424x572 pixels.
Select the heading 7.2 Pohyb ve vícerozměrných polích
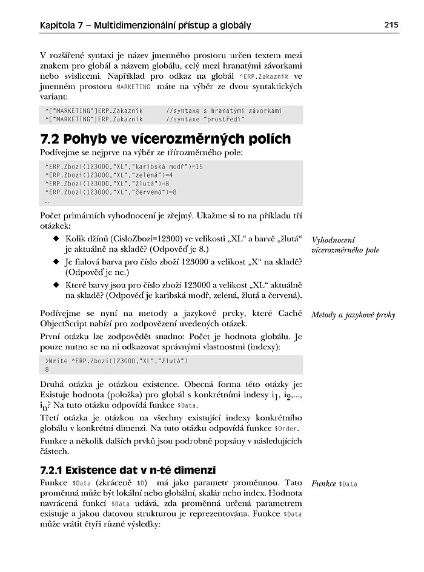pos(165,139)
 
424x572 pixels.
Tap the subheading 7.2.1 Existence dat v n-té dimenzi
pos(128,470)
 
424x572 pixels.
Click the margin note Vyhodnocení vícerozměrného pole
pos(345,244)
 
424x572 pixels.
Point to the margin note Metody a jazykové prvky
pos(353,315)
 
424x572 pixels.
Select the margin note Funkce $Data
pos(334,484)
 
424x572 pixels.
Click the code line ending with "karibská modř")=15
pos(124,166)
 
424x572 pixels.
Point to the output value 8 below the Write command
pos(47,369)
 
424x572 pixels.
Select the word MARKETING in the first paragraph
pos(133,87)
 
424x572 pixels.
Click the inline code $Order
pos(288,428)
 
